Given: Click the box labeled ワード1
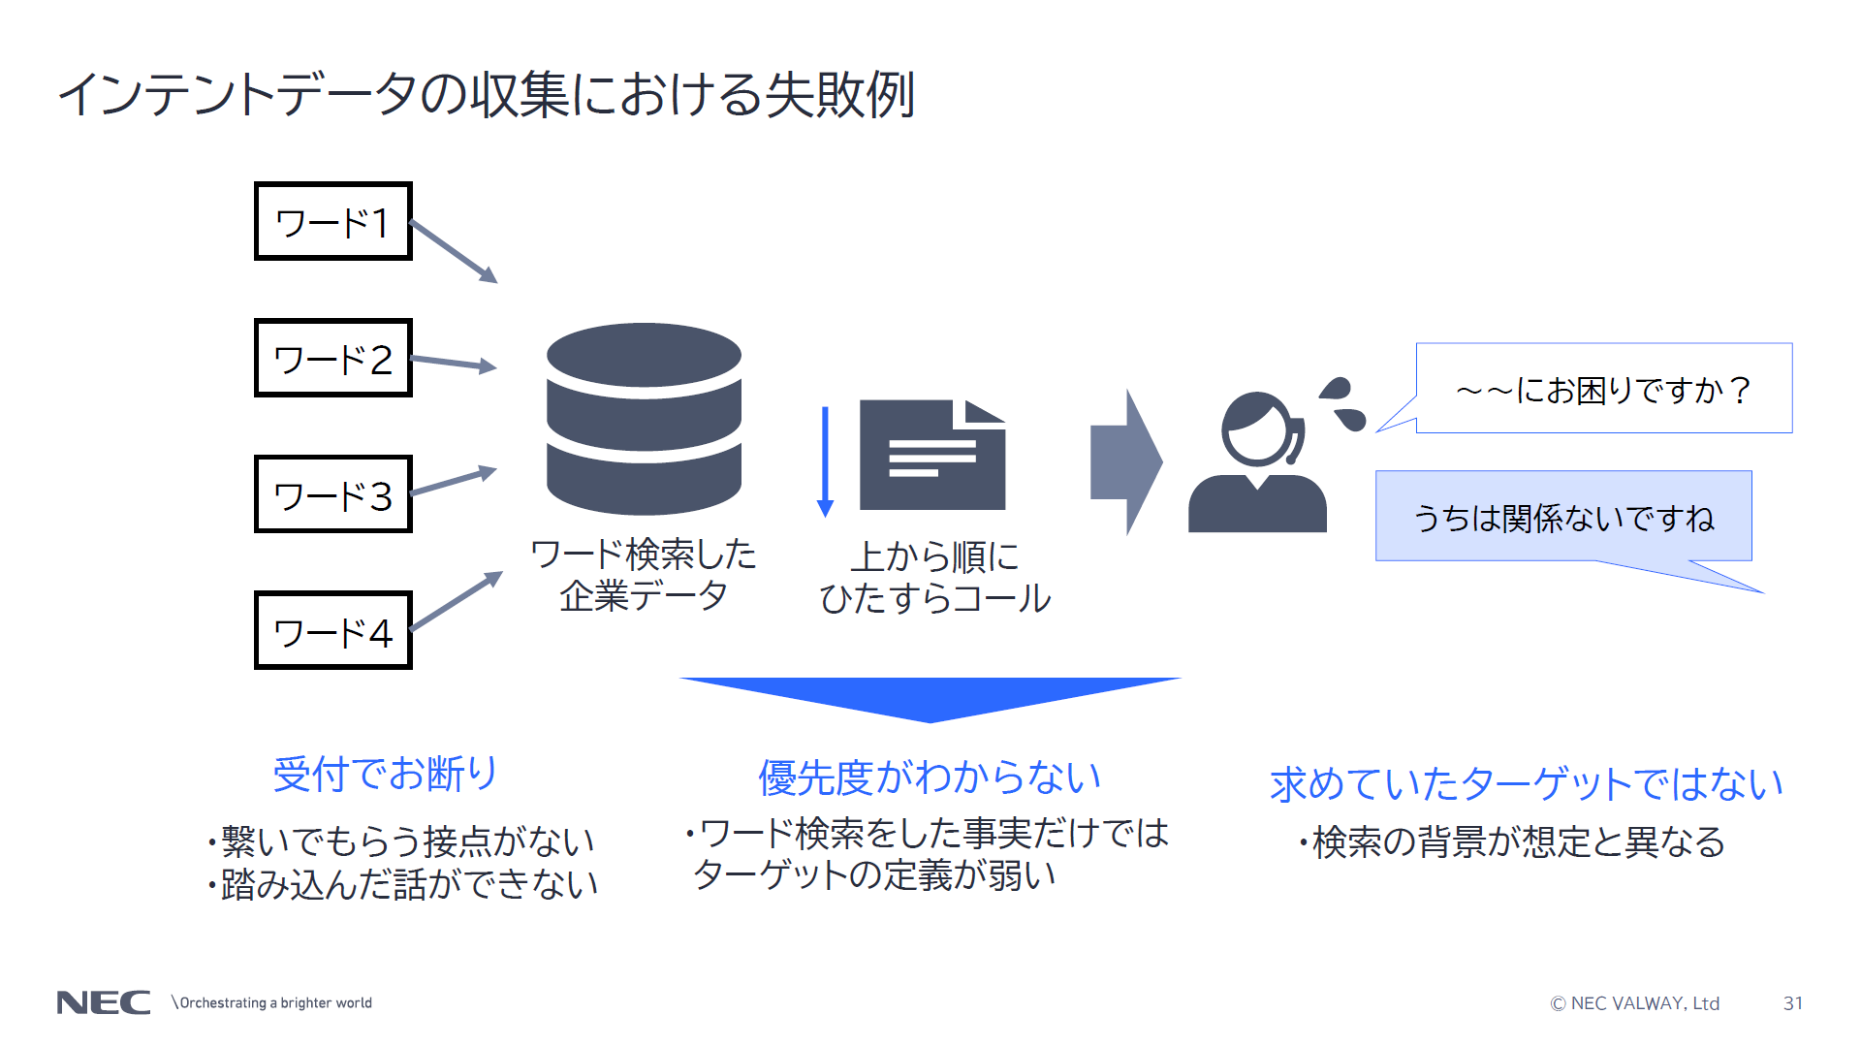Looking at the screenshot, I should [332, 221].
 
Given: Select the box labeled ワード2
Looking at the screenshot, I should [332, 358].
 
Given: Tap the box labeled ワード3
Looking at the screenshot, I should [332, 494].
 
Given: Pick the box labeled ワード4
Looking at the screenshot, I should [332, 630].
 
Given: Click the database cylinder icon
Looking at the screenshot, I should [644, 418].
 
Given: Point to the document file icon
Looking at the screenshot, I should [931, 455].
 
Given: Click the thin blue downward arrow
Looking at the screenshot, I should [825, 461].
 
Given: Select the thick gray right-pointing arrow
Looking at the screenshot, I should [1125, 461].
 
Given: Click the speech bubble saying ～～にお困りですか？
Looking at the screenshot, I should [1603, 389].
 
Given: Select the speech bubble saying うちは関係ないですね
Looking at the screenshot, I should [1562, 517].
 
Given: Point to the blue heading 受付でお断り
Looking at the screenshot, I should [385, 774].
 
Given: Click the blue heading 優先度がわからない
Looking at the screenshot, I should [930, 777].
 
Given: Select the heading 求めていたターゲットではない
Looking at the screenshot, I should [1526, 783].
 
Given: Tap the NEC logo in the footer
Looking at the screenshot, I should [104, 1002].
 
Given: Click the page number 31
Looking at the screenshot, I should [1792, 1003].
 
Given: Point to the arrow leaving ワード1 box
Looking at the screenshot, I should [454, 251].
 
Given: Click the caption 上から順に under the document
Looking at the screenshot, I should [934, 556].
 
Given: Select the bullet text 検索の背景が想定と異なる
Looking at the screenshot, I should [1517, 841].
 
